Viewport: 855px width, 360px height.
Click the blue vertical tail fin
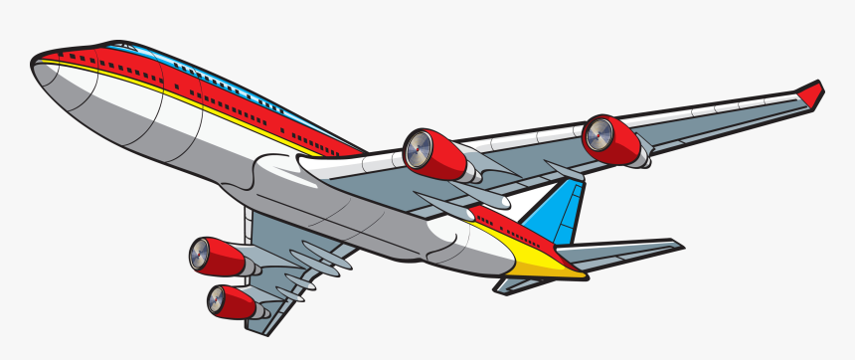(551, 214)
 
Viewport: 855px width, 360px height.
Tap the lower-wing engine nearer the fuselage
(217, 256)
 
